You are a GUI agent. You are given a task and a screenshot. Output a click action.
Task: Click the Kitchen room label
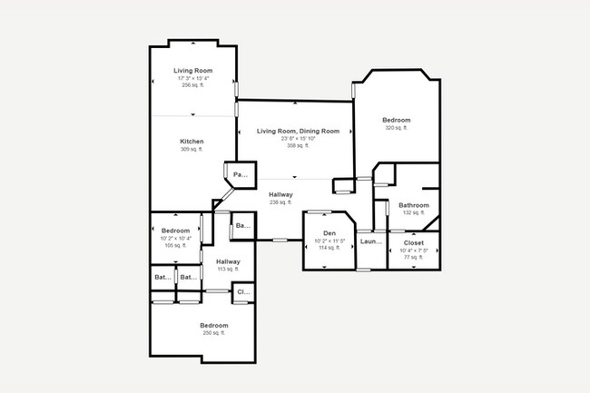pyautogui.click(x=192, y=142)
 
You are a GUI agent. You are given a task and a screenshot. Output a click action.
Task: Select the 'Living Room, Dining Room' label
pyautogui.click(x=298, y=132)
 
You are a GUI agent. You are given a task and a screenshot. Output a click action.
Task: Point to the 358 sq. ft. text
pyautogui.click(x=298, y=145)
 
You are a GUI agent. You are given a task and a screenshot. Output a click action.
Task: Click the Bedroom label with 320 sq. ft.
pyautogui.click(x=397, y=120)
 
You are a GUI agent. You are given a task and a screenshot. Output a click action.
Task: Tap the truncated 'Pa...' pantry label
pyautogui.click(x=241, y=173)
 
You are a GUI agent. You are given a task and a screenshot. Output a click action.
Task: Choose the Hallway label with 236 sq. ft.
pyautogui.click(x=280, y=194)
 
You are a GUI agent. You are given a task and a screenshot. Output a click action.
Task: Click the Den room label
pyautogui.click(x=329, y=233)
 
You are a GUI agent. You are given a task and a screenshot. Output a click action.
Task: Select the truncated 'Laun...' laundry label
pyautogui.click(x=370, y=241)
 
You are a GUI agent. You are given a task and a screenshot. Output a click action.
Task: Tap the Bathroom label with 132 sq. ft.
pyautogui.click(x=413, y=205)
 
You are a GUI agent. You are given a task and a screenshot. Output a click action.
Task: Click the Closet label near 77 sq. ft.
pyautogui.click(x=414, y=243)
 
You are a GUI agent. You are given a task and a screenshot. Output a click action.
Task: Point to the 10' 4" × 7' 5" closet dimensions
pyautogui.click(x=414, y=251)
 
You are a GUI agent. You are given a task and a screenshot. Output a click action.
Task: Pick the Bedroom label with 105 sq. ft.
pyautogui.click(x=175, y=231)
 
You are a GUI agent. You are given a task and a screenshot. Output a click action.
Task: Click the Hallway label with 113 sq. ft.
pyautogui.click(x=228, y=261)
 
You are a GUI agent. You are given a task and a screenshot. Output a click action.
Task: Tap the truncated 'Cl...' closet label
pyautogui.click(x=242, y=292)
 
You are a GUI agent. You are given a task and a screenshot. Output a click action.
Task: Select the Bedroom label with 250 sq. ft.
pyautogui.click(x=214, y=325)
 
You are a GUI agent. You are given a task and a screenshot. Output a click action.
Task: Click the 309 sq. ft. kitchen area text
pyautogui.click(x=192, y=151)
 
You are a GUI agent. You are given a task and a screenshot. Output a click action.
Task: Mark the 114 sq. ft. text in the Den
pyautogui.click(x=329, y=247)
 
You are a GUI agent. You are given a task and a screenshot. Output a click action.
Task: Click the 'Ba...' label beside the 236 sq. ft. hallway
pyautogui.click(x=242, y=225)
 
